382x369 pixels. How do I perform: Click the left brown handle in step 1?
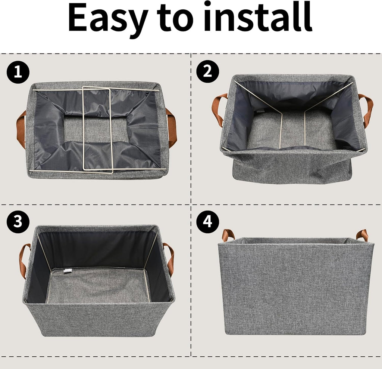click(x=21, y=129)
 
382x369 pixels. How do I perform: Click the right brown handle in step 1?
click(x=172, y=127)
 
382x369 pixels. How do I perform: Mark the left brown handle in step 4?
click(x=228, y=235)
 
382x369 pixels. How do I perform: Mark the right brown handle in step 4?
click(x=362, y=235)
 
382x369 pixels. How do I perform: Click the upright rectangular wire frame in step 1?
click(x=97, y=129)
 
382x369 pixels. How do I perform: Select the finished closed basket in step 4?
click(x=295, y=286)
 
